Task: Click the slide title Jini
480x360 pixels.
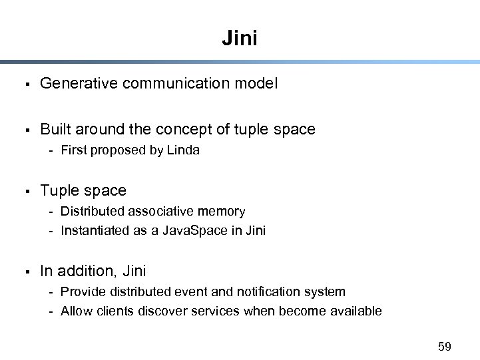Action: tap(240, 38)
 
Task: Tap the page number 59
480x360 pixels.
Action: tap(444, 346)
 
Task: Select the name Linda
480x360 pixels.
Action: tap(183, 150)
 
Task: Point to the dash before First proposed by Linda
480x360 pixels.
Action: tap(51, 150)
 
